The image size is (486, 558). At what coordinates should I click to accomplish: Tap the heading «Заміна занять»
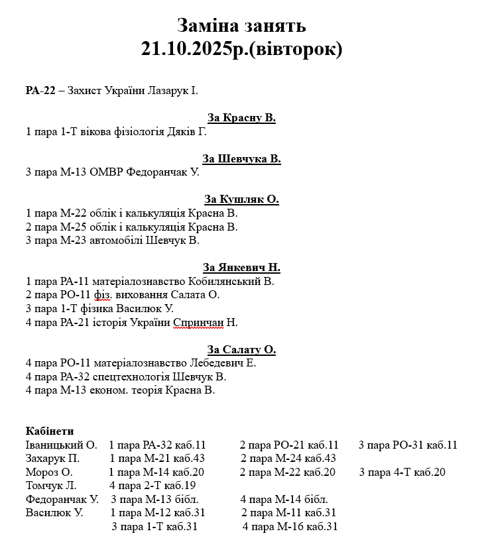click(x=241, y=25)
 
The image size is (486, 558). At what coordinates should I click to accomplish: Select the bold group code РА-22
click(x=40, y=90)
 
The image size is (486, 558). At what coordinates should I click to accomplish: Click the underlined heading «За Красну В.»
click(x=241, y=118)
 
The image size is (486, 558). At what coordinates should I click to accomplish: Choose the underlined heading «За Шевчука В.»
click(x=241, y=158)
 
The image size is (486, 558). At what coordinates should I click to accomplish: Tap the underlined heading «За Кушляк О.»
click(x=241, y=199)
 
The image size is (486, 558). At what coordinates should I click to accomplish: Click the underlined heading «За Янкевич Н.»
click(x=241, y=268)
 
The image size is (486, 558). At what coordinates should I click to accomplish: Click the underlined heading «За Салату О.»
click(x=241, y=349)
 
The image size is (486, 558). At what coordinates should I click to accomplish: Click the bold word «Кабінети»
click(x=50, y=431)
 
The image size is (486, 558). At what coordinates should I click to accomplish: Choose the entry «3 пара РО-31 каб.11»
click(x=408, y=445)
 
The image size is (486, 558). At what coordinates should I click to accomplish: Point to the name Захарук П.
click(x=52, y=459)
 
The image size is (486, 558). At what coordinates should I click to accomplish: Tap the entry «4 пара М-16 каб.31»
click(x=290, y=527)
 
